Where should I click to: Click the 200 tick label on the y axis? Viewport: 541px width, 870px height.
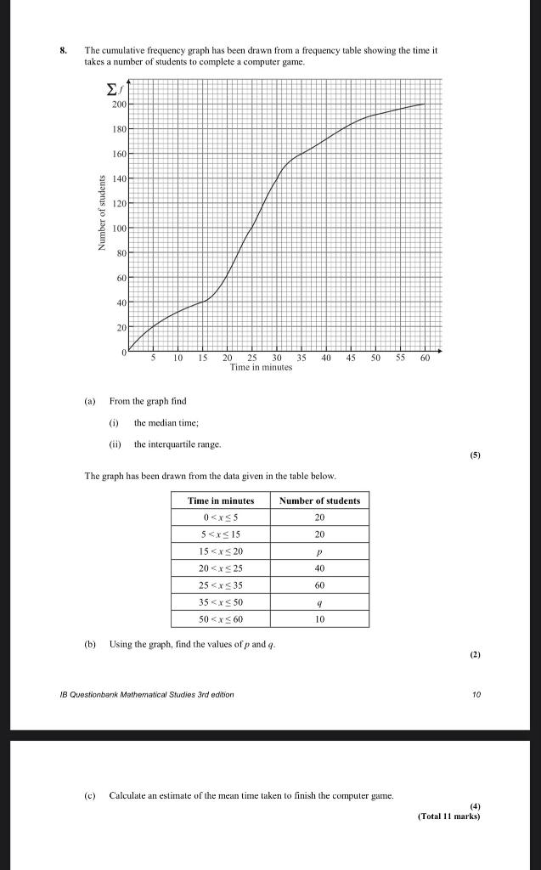coord(118,104)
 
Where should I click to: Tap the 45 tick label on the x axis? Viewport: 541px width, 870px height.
coord(351,359)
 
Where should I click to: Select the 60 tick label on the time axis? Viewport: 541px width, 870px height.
coord(425,359)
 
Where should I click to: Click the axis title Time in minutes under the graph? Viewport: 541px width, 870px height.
coord(261,368)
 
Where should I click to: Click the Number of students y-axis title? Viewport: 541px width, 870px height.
coord(100,212)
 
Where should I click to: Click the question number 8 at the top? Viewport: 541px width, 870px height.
coord(63,51)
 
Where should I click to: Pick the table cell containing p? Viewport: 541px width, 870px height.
coord(319,551)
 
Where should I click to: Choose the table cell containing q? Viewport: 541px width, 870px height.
coord(319,602)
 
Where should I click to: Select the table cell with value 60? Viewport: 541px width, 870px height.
coord(319,585)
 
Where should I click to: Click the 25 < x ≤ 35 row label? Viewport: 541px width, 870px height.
coord(221,585)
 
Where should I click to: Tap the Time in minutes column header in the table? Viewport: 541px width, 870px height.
coord(221,500)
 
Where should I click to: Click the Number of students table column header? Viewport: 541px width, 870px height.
coord(319,500)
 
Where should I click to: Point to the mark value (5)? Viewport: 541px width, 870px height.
coord(474,455)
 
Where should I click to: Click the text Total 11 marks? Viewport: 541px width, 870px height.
coord(448,816)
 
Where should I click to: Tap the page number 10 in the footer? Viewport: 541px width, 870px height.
coord(476,694)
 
